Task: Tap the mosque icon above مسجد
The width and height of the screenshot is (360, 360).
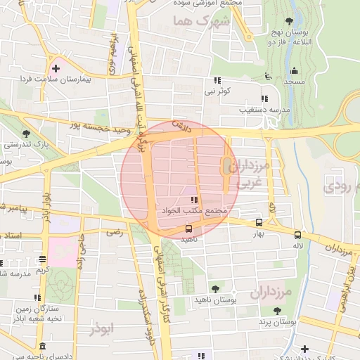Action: coord(294,70)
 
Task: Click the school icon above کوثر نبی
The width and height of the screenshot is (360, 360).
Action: coord(217,80)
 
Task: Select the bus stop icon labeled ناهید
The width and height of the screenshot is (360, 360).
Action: coord(188,229)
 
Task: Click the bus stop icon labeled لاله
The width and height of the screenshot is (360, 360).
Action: coord(298,235)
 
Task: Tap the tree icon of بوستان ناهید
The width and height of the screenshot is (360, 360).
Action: coord(214,289)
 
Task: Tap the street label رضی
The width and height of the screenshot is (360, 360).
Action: coord(112,231)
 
